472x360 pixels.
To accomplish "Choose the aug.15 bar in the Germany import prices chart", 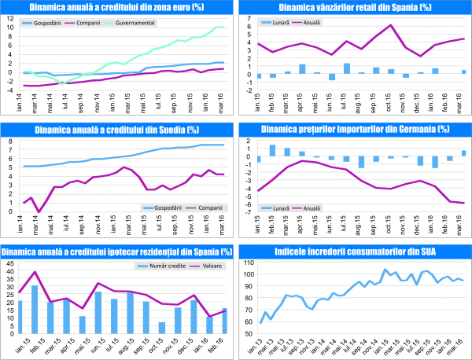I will (361, 161).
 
